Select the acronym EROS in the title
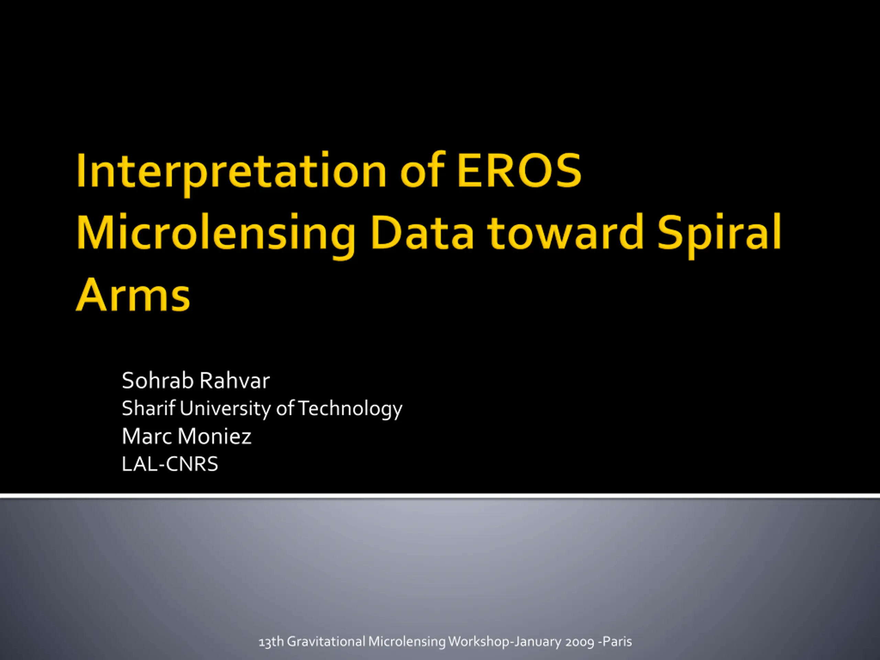pos(519,170)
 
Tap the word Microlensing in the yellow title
pos(216,234)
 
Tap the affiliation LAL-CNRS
pos(170,464)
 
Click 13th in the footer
pos(271,641)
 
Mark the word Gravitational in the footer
pos(326,641)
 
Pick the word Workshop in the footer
pos(479,642)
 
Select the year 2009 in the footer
pos(580,642)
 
